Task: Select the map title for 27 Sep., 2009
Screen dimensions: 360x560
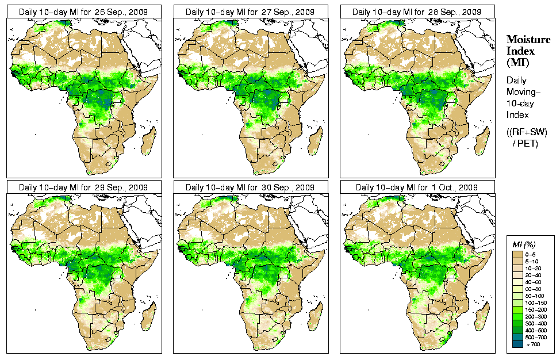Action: tap(250, 12)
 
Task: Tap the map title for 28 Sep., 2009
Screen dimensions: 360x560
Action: tap(417, 12)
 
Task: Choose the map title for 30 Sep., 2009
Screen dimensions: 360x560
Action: tap(250, 187)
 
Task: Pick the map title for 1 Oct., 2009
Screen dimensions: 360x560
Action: tap(417, 187)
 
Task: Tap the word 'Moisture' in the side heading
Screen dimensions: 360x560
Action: tap(526, 39)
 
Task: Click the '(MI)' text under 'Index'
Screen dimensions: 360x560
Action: tap(517, 62)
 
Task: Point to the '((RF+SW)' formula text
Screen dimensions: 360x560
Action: tap(527, 132)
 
